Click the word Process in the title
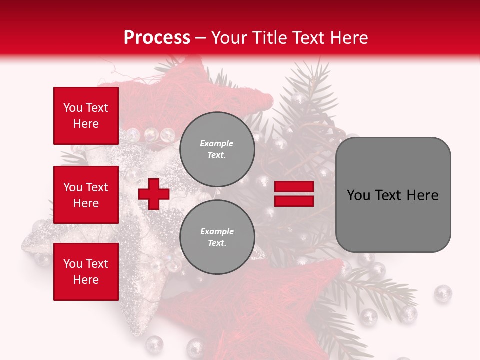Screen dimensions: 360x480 (157, 38)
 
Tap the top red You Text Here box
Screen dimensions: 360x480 (86, 116)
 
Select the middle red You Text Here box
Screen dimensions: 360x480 (86, 195)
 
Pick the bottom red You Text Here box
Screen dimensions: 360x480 (86, 272)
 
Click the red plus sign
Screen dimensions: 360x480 (154, 194)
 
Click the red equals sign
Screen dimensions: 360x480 (294, 194)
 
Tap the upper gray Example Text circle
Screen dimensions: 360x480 (217, 149)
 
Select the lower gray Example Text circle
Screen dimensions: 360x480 (217, 237)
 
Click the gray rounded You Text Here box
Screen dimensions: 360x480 (393, 195)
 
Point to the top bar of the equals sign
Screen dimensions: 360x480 (294, 187)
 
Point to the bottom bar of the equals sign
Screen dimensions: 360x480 (294, 201)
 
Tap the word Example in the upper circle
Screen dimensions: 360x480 (217, 143)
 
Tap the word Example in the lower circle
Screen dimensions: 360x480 (217, 231)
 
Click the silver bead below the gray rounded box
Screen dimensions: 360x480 (442, 293)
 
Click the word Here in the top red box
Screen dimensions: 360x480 (86, 124)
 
